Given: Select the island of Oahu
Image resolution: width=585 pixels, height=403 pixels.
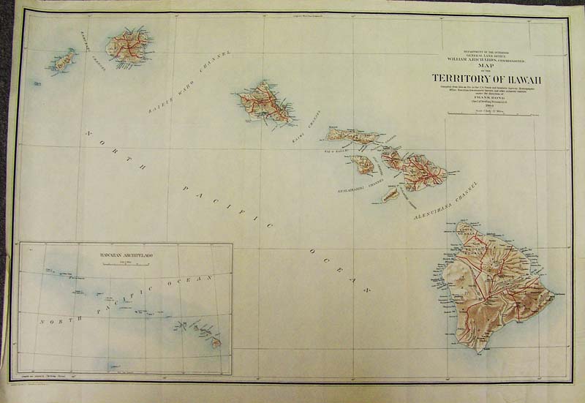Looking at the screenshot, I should point(264,102).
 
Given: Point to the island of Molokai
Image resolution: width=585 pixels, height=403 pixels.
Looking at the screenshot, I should point(353,135).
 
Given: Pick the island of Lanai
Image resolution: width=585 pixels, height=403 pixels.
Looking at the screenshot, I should point(362,164).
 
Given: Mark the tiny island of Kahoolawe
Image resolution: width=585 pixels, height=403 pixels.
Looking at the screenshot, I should point(392,194).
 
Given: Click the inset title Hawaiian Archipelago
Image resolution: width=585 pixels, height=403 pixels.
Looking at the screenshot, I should point(126,257).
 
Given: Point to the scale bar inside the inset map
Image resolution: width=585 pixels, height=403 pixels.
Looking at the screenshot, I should point(126,264).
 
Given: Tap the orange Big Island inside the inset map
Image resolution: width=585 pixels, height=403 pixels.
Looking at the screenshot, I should point(216,342).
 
